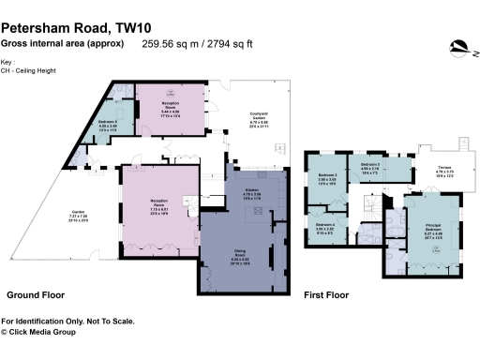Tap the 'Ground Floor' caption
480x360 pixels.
(36, 294)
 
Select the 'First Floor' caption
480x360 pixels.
(326, 294)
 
